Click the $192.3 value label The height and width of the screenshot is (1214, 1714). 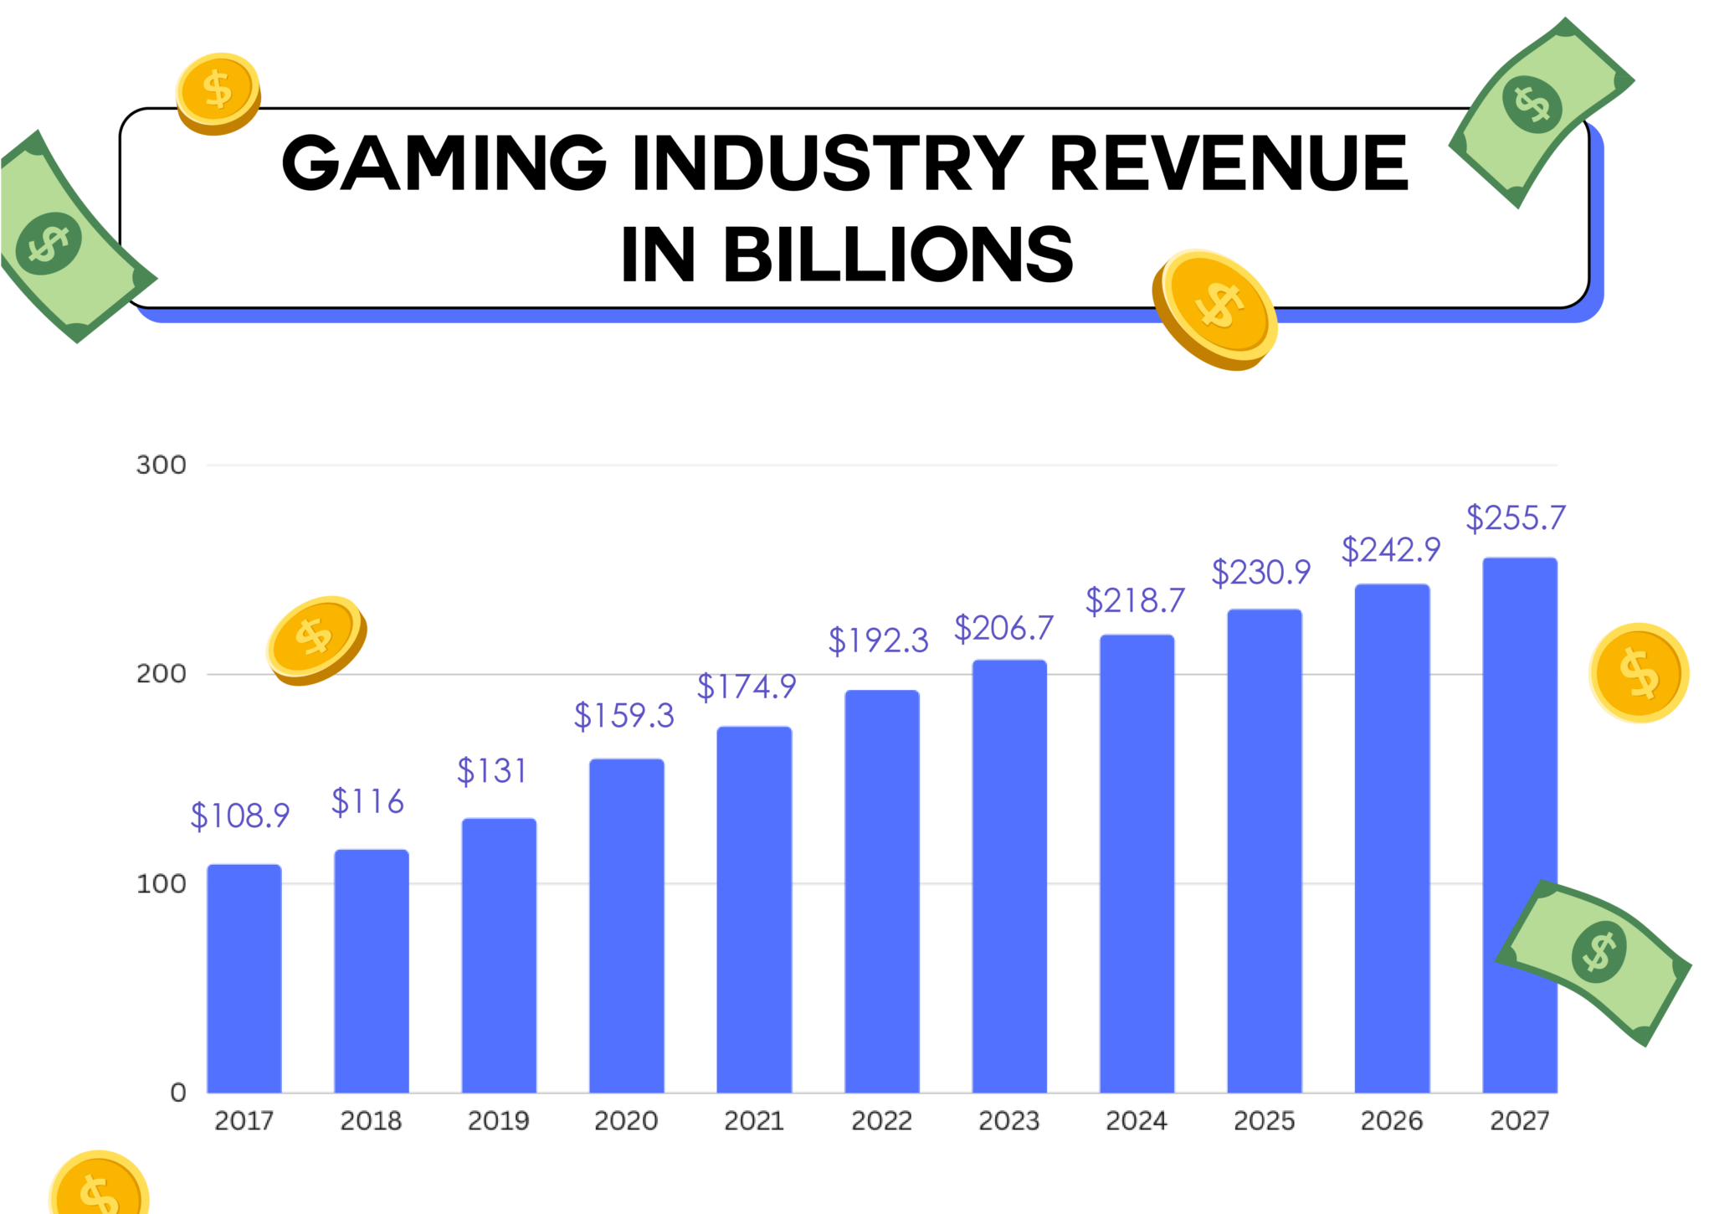click(x=878, y=641)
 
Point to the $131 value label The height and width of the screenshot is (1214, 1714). click(x=491, y=771)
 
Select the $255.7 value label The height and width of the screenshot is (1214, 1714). click(x=1515, y=518)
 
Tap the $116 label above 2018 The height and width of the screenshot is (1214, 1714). click(x=367, y=802)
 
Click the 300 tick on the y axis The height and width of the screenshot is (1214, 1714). click(x=161, y=466)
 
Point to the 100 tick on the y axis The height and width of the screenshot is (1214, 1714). click(x=161, y=884)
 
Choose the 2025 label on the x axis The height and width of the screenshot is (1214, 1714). click(x=1264, y=1121)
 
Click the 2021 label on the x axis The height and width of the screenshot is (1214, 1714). click(x=753, y=1121)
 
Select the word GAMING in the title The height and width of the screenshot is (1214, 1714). click(x=444, y=163)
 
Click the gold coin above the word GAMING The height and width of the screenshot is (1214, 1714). click(x=218, y=92)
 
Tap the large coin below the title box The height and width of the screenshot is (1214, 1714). click(x=1215, y=310)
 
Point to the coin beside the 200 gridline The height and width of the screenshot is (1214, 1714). click(x=316, y=640)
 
